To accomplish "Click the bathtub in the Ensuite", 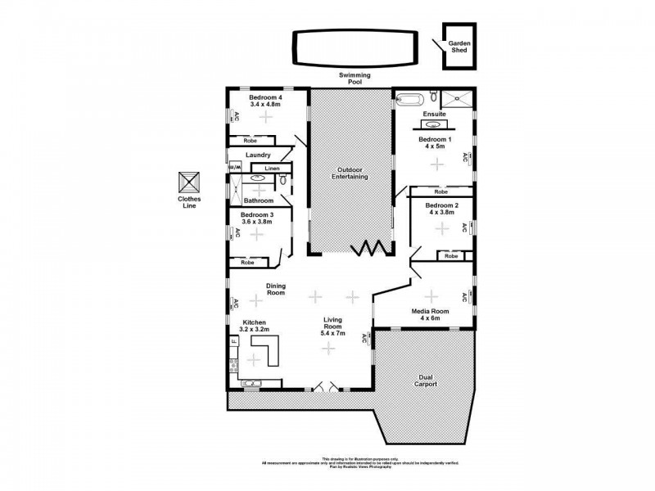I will click(x=409, y=101).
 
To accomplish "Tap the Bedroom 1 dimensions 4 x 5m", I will click(x=434, y=148).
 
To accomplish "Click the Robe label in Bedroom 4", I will click(x=251, y=140).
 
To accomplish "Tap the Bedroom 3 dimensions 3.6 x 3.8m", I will click(x=256, y=222).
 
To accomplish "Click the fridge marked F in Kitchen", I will click(x=233, y=340).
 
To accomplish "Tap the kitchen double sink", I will click(x=251, y=382).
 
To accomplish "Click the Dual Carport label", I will click(x=425, y=379).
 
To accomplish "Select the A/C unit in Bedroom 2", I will click(x=463, y=227).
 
